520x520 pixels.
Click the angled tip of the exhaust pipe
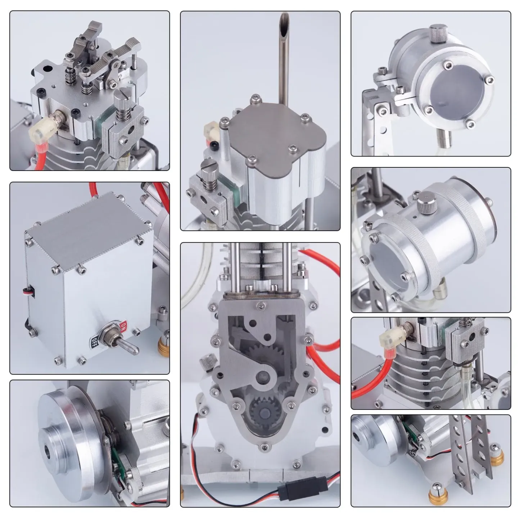click(287, 19)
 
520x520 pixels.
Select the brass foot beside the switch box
click(164, 345)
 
